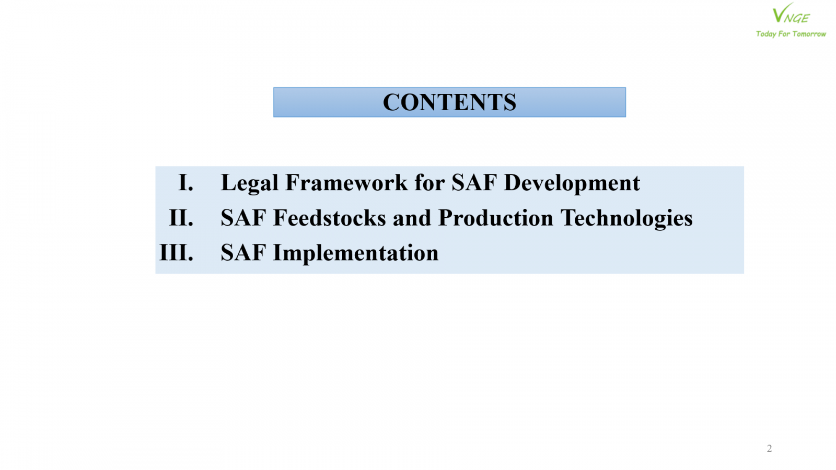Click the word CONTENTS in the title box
449,102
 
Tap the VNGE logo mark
791,13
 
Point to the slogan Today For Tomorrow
791,34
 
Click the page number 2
769,448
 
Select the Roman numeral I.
186,182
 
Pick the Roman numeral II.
181,217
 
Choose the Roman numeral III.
176,253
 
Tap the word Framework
346,182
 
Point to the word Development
572,183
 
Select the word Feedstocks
330,217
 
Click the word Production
496,217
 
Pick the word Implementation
356,253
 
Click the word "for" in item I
429,182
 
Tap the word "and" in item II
412,217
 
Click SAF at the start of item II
243,217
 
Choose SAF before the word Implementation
243,253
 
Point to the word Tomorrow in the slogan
809,34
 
